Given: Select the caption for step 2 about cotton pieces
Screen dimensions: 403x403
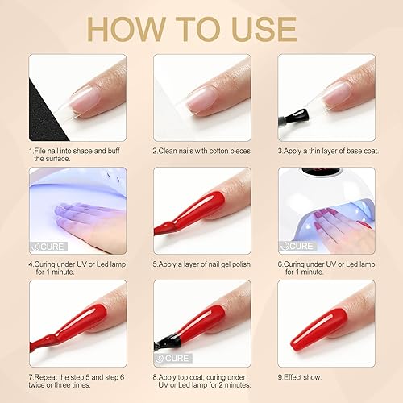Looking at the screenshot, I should pyautogui.click(x=201, y=150).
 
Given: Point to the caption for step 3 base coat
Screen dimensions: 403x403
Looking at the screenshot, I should pyautogui.click(x=325, y=150).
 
